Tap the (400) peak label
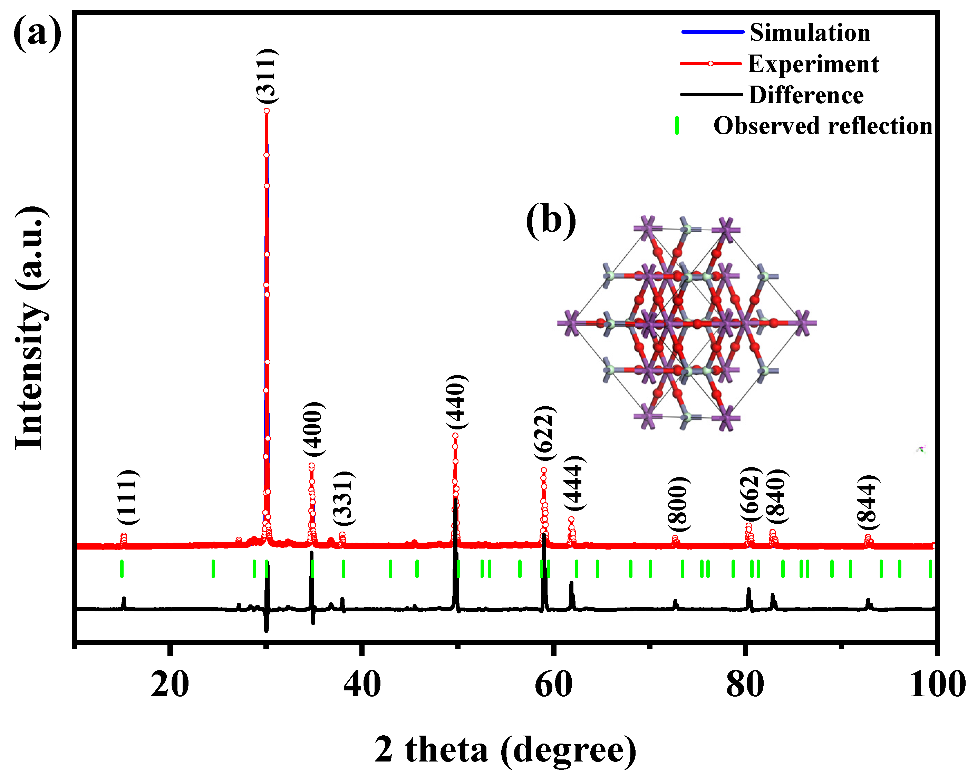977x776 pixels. pyautogui.click(x=315, y=429)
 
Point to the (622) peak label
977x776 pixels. pyautogui.click(x=544, y=433)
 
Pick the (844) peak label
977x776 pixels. pyautogui.click(x=868, y=502)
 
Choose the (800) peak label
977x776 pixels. pyautogui.click(x=679, y=504)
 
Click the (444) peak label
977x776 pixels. pyautogui.click(x=574, y=483)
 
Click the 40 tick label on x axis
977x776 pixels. pyautogui.click(x=361, y=685)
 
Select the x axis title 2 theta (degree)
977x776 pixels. pyautogui.click(x=505, y=750)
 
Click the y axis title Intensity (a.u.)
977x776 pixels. pyautogui.click(x=31, y=328)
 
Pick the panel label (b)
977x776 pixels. pyautogui.click(x=551, y=220)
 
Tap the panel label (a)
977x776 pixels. pyautogui.click(x=37, y=32)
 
